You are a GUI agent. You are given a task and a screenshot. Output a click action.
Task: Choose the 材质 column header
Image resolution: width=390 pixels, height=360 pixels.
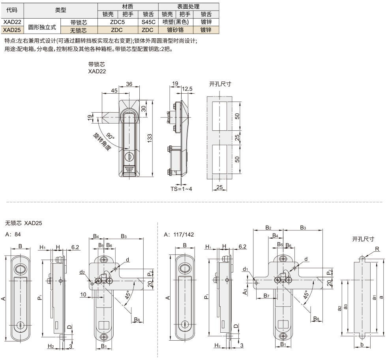coord(128,7)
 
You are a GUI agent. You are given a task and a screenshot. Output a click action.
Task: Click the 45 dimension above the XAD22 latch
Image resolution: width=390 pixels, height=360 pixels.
coord(114,90)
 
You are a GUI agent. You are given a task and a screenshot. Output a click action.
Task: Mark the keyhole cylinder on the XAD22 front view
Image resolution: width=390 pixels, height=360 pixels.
coord(129,156)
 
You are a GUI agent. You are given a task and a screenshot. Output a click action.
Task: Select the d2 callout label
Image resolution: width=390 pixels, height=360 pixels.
coord(82,272)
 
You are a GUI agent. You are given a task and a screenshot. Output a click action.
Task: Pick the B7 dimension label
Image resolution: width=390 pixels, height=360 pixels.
coord(266,296)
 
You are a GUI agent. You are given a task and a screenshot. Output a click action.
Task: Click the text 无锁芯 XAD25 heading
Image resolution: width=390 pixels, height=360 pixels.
coord(23,223)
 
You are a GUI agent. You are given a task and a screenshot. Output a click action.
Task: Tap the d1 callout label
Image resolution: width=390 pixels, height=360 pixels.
coord(246,270)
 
